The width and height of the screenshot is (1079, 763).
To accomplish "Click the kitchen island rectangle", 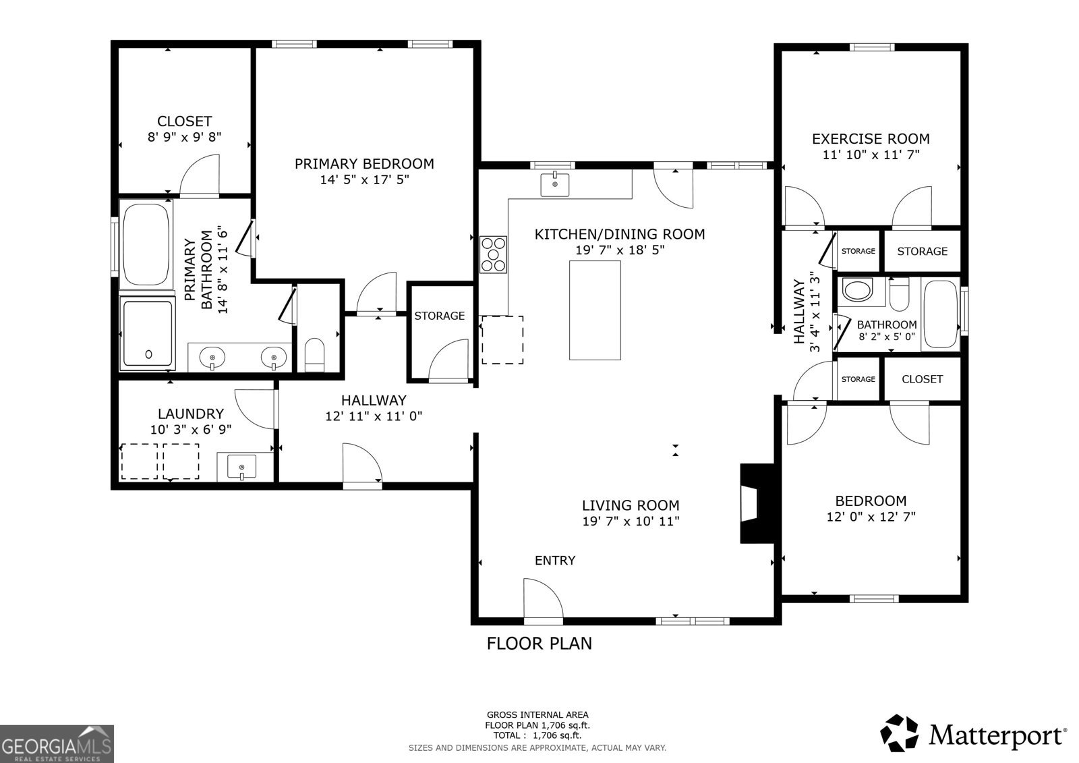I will pyautogui.click(x=595, y=310).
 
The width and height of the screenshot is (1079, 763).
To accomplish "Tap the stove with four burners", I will pyautogui.click(x=494, y=254).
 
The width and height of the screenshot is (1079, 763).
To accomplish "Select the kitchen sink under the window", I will pyautogui.click(x=555, y=184).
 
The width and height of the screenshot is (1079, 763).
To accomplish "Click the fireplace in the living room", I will pyautogui.click(x=755, y=503).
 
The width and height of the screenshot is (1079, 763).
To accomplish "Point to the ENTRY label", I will pyautogui.click(x=555, y=561).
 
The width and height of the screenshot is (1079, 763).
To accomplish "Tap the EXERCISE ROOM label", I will pyautogui.click(x=871, y=139).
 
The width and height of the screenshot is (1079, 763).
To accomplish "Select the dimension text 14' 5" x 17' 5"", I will pyautogui.click(x=364, y=180).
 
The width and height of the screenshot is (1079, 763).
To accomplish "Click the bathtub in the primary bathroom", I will pyautogui.click(x=146, y=244).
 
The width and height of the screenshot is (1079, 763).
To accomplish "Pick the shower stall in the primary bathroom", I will pyautogui.click(x=148, y=333).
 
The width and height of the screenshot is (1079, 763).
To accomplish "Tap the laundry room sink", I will pyautogui.click(x=242, y=467).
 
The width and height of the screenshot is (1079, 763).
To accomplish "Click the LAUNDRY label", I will pyautogui.click(x=191, y=414).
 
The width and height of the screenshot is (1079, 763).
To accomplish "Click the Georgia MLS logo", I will pyautogui.click(x=57, y=743).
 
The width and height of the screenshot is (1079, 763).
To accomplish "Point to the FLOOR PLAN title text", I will pyautogui.click(x=539, y=644).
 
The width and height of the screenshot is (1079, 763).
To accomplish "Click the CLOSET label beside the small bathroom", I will pyautogui.click(x=922, y=379).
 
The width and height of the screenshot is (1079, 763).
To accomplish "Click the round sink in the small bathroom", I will pyautogui.click(x=858, y=291).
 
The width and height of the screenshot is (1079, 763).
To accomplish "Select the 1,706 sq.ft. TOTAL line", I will pyautogui.click(x=537, y=735).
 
